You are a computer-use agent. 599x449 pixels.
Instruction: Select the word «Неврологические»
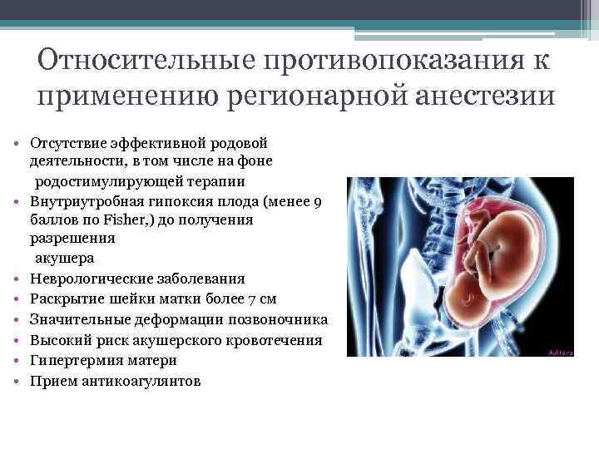pos(88,279)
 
